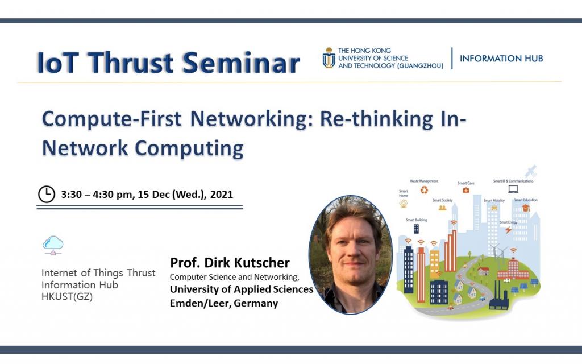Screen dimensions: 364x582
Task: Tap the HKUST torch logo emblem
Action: tap(329, 58)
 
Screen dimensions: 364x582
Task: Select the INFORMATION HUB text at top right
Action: tap(501, 58)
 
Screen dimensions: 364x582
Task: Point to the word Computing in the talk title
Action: tap(189, 148)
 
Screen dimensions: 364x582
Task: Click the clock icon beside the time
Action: tap(47, 195)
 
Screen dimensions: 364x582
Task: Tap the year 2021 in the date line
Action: tap(222, 195)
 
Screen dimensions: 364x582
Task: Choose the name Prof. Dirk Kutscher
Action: tap(230, 263)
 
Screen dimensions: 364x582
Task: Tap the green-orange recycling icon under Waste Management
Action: tap(424, 190)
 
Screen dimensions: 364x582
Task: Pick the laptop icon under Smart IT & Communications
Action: tap(513, 189)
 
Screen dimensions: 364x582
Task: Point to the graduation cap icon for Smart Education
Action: tap(526, 208)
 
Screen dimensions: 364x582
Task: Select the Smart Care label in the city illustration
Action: tap(465, 183)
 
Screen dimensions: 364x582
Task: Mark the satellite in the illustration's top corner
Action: tap(531, 171)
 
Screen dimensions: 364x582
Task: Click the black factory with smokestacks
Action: tap(498, 299)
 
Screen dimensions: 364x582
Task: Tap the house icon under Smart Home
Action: tap(404, 203)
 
